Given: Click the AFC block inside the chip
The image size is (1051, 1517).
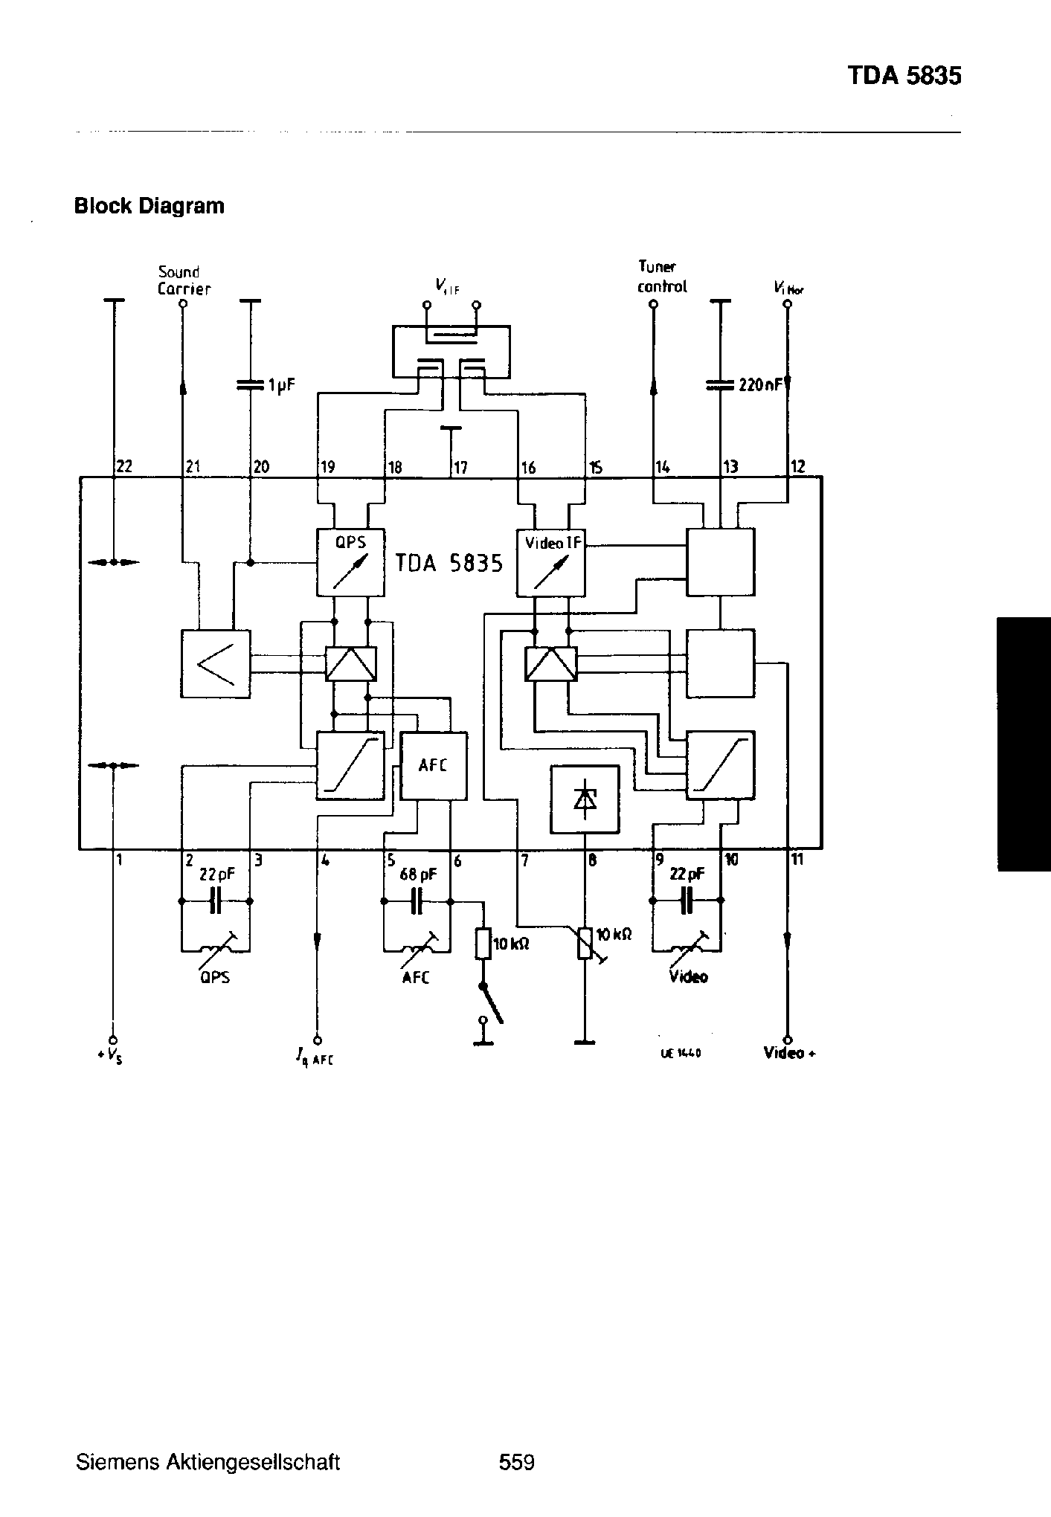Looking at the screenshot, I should [434, 766].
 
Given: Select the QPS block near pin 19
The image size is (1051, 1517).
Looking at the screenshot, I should [351, 562].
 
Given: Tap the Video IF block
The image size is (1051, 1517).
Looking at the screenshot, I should [551, 562].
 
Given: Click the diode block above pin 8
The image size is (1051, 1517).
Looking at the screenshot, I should [585, 799].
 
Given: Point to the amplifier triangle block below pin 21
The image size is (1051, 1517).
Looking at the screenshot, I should [216, 663].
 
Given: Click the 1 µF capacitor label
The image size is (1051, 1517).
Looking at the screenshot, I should [282, 385].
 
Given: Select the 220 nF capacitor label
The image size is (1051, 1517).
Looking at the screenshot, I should [759, 385].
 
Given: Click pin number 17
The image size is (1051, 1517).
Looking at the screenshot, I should [460, 468].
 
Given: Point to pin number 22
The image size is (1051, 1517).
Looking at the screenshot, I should [124, 467].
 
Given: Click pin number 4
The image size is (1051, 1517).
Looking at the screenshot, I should [325, 860].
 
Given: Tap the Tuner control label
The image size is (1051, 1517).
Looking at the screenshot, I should [661, 277].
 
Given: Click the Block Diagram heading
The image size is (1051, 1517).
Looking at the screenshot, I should [149, 206].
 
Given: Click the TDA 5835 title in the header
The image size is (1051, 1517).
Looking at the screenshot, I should [904, 76].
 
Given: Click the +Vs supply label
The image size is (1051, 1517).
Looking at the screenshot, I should [113, 1055].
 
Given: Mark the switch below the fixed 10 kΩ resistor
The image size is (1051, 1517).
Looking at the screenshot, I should [491, 1004].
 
